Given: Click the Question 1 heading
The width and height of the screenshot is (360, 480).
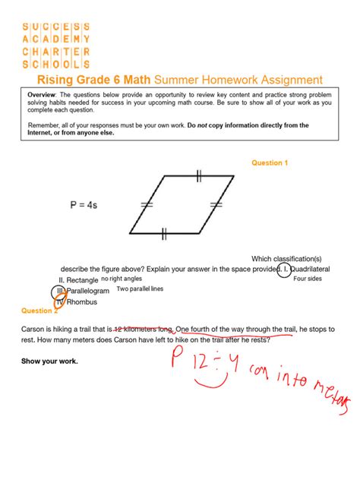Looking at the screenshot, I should [270, 163].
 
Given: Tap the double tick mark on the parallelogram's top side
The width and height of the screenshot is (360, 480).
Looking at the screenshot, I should [198, 176].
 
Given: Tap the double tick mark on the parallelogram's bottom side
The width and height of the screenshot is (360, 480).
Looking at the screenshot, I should [164, 235].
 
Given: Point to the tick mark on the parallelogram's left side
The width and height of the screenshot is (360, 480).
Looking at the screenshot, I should [146, 205].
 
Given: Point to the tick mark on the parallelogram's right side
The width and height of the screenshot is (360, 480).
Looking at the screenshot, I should [216, 205].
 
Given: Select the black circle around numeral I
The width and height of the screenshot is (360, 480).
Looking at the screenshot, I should [283, 269].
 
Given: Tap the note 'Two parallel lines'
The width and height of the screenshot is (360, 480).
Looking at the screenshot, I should [140, 289].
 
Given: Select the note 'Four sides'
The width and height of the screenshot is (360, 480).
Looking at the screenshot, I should [308, 279].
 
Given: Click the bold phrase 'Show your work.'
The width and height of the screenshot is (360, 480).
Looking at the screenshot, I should [49, 361].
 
